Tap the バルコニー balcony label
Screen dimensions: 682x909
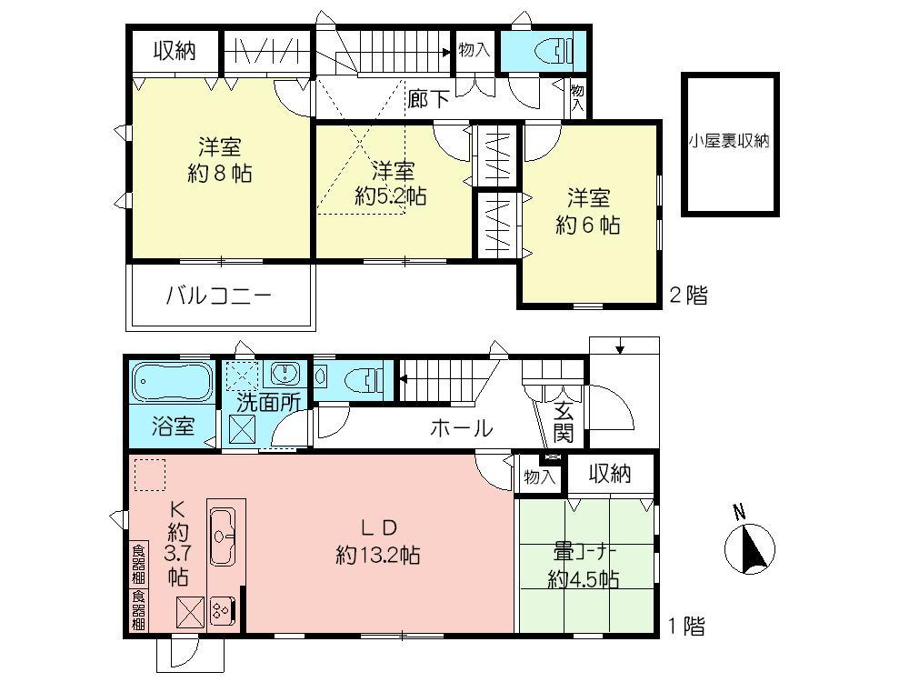pos(218,296)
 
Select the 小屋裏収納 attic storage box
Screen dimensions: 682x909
pos(731,143)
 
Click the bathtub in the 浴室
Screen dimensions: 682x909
pos(173,382)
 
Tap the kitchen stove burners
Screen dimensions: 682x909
pos(223,610)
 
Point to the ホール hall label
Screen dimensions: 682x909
pos(461,427)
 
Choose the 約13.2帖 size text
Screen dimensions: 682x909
pos(377,556)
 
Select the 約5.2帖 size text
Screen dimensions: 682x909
pos(391,195)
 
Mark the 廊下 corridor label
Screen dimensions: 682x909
pos(428,98)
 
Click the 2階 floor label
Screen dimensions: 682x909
pos(687,295)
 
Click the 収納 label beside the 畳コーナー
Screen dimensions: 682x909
pos(609,474)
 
